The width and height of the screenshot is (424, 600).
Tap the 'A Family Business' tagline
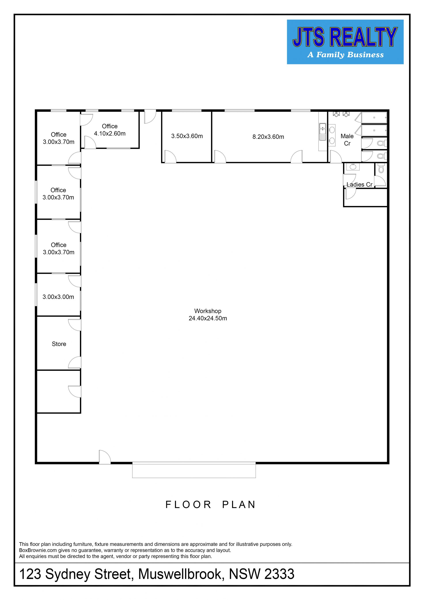[345, 55]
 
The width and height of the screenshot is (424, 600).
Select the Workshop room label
[208, 311]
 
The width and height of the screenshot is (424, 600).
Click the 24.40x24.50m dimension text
[208, 318]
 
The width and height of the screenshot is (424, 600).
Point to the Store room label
[59, 344]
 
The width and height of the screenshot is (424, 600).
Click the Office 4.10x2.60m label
[110, 130]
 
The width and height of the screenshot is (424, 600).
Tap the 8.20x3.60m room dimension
[268, 137]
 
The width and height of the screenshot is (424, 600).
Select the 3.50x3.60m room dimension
[187, 136]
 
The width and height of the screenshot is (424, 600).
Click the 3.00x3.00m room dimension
[58, 297]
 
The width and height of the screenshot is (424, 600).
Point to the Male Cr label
[347, 140]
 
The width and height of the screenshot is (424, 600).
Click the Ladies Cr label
[360, 185]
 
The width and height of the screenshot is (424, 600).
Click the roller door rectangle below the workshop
[194, 470]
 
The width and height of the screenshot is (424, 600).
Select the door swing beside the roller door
[105, 457]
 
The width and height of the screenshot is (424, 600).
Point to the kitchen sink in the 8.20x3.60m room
[322, 132]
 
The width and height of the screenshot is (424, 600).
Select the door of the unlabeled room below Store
[75, 391]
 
